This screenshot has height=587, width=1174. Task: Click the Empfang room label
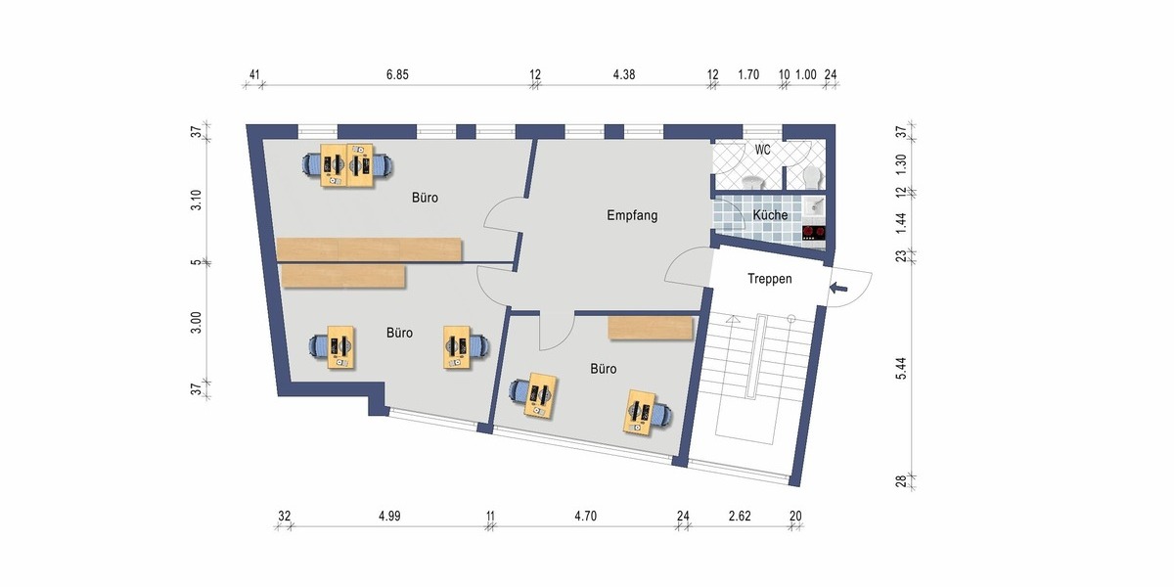point(632,215)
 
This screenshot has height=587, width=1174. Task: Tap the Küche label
point(771,215)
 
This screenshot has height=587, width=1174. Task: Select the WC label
point(763,150)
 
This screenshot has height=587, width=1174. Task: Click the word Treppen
point(770,279)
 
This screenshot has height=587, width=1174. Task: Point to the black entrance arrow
point(838,288)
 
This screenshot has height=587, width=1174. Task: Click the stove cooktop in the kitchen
point(814,233)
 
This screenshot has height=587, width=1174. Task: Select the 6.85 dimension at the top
point(396,74)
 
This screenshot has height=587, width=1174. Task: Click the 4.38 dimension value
point(623,74)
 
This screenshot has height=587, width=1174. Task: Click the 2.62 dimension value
point(740,516)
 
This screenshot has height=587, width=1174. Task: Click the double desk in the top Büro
point(348,165)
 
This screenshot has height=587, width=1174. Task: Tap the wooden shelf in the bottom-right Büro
point(652,328)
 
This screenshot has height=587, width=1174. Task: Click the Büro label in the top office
point(425,198)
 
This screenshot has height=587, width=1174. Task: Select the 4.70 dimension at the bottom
point(585,516)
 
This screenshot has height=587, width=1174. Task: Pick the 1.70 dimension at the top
point(748,74)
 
